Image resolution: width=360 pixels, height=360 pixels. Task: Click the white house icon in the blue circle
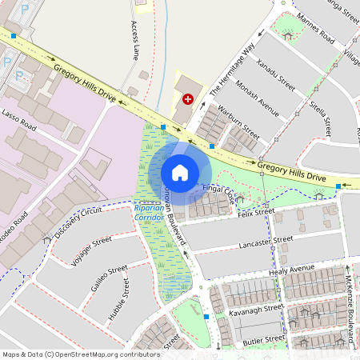tap(180, 172)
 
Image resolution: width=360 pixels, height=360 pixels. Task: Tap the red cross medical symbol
tap(188, 99)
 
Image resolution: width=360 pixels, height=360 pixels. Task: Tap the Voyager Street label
tap(91, 250)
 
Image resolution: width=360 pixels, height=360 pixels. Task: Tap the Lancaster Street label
tap(273, 241)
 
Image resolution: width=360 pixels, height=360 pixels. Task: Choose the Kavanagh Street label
tap(256, 310)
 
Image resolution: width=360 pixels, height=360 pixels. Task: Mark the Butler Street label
tap(264, 339)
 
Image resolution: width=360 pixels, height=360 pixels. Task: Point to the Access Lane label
tap(134, 42)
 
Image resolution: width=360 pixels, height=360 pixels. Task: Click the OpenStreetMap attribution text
tap(70, 354)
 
